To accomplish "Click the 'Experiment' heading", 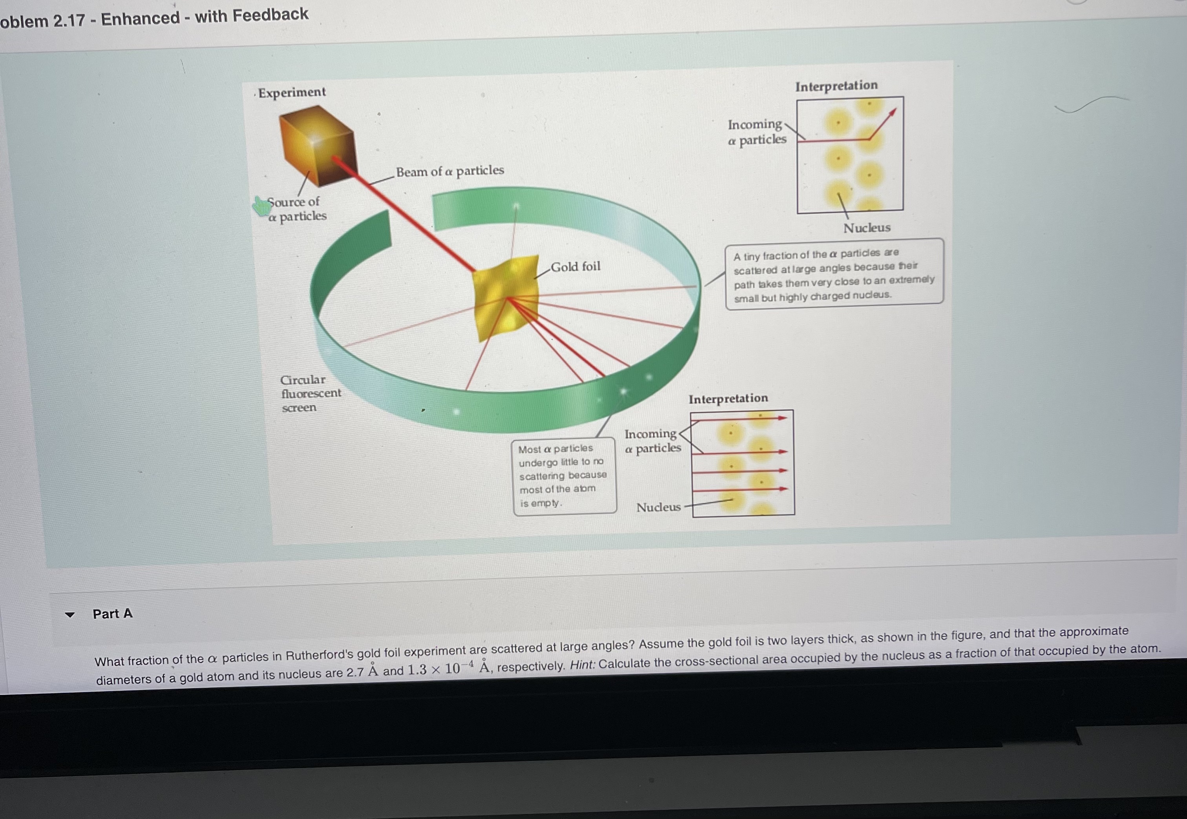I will pos(291,92).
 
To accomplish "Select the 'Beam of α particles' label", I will pos(450,171).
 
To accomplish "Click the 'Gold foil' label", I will pos(575,267).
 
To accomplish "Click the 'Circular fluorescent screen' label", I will pos(309,394).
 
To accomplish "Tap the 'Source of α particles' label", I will pos(297,209).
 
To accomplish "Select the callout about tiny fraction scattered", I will pos(834,275).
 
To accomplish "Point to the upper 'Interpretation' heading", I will pos(836,86).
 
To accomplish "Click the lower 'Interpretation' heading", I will pos(728,399).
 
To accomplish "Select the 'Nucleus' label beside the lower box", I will pos(658,507).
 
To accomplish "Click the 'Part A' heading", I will pos(112,614).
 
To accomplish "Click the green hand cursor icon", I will pos(262,206).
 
